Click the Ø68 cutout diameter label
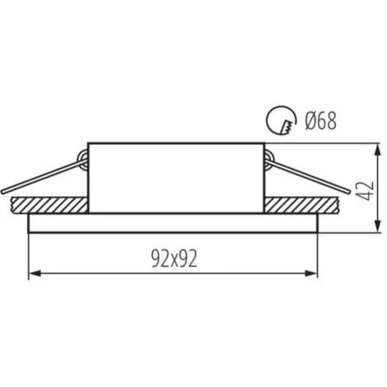(x=320, y=121)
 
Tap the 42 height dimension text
(x=366, y=191)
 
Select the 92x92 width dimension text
(x=175, y=259)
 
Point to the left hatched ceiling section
(x=49, y=205)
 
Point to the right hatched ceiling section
(x=300, y=205)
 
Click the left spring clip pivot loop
(x=83, y=158)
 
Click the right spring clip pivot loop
(x=269, y=158)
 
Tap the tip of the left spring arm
(x=2, y=192)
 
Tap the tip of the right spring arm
(x=349, y=192)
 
